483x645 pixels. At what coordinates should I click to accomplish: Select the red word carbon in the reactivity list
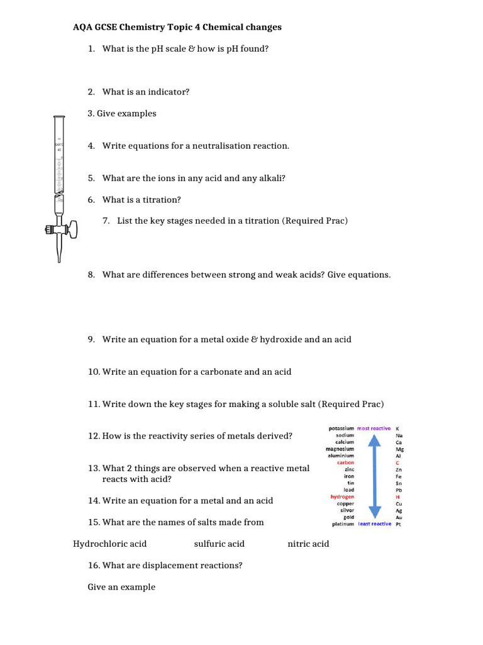345,463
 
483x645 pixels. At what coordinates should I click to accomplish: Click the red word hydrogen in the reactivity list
342,497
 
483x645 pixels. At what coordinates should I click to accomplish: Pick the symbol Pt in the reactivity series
398,524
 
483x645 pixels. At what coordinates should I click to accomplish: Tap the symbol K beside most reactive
397,429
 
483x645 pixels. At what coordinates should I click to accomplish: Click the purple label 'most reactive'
374,428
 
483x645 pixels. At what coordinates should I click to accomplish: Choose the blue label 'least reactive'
374,524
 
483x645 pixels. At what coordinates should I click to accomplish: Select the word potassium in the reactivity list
341,428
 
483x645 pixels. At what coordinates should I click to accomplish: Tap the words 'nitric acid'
308,544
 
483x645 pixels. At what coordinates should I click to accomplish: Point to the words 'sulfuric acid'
219,544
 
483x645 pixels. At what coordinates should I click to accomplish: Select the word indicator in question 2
169,92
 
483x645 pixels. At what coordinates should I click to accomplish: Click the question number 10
94,372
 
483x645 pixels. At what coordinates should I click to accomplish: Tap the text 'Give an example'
121,587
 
